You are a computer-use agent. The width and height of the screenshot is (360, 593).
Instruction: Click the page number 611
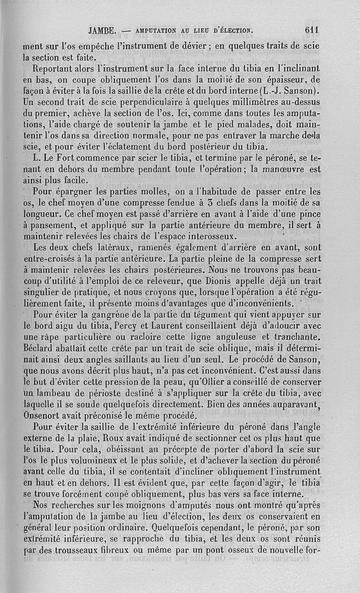pos(311,31)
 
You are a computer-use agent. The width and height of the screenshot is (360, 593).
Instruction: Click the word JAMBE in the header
pos(103,31)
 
